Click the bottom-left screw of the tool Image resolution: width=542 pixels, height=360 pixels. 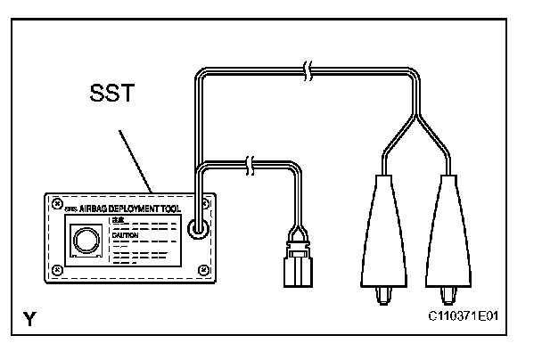click(x=56, y=269)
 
